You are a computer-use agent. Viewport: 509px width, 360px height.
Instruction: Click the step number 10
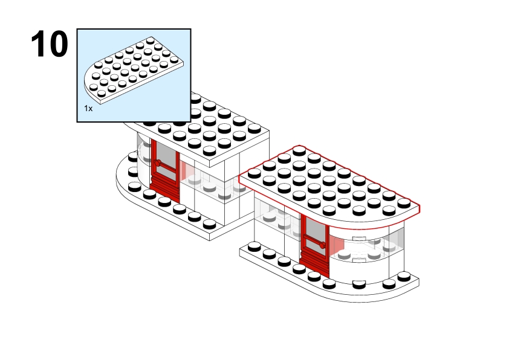pos(50,43)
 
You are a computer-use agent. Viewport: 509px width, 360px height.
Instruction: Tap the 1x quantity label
pos(88,109)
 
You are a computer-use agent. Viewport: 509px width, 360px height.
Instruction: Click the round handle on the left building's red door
pos(158,163)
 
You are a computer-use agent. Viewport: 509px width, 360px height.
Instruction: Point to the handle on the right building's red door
pos(322,245)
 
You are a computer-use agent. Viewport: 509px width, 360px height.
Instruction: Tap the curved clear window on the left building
pos(143,152)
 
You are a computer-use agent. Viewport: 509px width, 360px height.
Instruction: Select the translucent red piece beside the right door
pos(337,245)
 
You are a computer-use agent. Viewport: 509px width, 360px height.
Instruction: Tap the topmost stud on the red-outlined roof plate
pos(299,151)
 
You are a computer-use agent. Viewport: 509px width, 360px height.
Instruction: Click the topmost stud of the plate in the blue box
pos(151,40)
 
